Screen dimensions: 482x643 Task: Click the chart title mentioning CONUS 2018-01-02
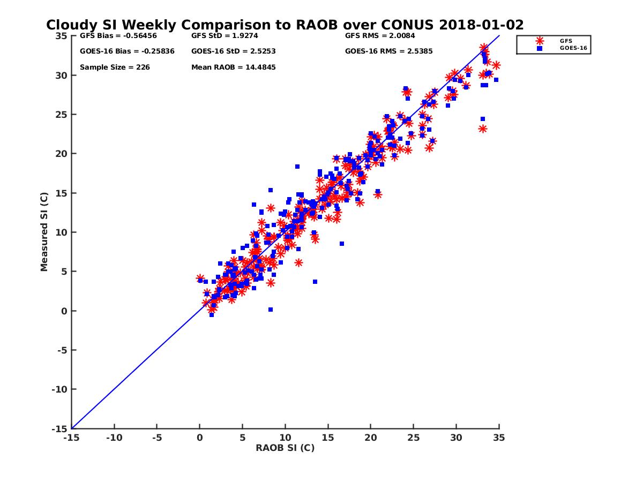point(285,25)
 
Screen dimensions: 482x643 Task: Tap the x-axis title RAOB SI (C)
point(285,448)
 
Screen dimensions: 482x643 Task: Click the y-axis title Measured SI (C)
point(44,232)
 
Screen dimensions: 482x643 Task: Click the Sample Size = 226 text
point(115,67)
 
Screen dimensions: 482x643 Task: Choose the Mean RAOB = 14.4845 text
point(234,67)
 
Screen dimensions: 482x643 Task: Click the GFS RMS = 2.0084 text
point(380,36)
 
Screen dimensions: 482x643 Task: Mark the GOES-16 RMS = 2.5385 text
point(388,51)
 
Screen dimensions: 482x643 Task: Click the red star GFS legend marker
point(540,41)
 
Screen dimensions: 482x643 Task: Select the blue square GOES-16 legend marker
point(540,48)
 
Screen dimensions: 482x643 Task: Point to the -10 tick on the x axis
point(114,438)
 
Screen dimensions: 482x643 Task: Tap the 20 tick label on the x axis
point(371,438)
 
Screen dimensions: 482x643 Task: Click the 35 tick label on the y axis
point(62,36)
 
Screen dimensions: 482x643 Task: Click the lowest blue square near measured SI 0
point(212,315)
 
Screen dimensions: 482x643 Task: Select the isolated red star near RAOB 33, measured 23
point(483,129)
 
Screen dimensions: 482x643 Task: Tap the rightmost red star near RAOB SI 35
point(496,65)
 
